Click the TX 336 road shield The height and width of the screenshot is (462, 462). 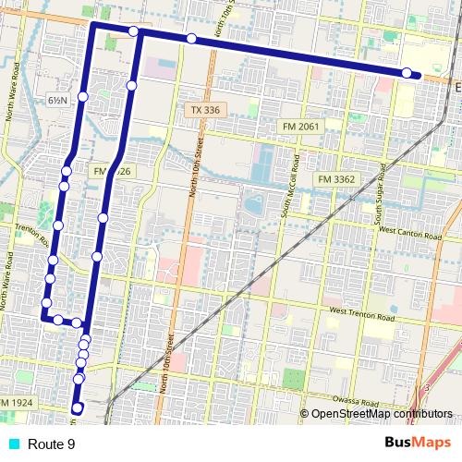click(206, 110)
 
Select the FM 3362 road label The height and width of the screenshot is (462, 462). click(337, 176)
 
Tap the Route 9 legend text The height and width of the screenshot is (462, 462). click(51, 444)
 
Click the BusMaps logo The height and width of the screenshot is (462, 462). click(417, 444)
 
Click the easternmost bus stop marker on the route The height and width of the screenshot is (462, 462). click(407, 73)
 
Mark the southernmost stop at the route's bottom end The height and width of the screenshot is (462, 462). click(78, 407)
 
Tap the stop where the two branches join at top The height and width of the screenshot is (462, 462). click(134, 32)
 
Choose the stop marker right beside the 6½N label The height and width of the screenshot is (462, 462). click(83, 96)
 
